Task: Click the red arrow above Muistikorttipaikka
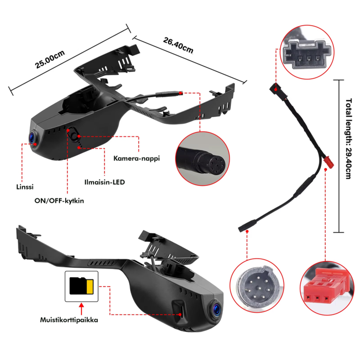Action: (x=81, y=309)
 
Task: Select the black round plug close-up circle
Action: (x=200, y=158)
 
